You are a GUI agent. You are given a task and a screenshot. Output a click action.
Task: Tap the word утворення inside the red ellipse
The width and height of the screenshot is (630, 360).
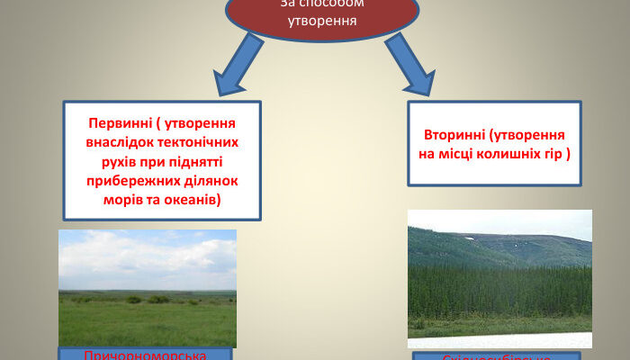[321, 20]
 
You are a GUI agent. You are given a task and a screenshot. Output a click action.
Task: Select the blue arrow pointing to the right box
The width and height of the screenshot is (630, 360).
[410, 66]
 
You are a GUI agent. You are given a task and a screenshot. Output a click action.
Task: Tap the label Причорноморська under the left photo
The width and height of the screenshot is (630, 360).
[145, 355]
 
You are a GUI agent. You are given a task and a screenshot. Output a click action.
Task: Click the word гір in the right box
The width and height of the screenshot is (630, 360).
[552, 153]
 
